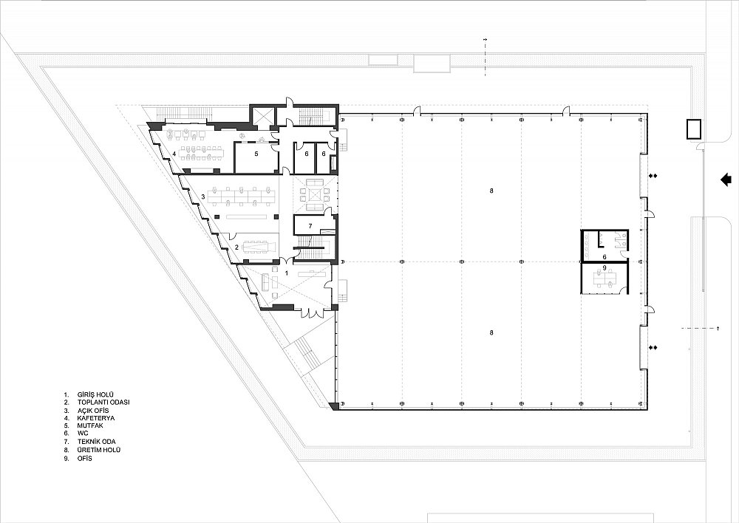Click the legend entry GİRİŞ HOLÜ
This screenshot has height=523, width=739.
pos(95,394)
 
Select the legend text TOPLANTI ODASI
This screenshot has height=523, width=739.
pos(103,403)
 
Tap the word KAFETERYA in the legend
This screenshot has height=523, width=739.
pos(96,418)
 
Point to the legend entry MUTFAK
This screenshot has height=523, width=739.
pos(90,426)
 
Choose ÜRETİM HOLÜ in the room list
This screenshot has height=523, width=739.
pos(99,450)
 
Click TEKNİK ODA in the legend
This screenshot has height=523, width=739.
pos(97,442)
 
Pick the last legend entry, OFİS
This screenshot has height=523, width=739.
pos(85,458)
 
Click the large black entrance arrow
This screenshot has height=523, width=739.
pos(726,179)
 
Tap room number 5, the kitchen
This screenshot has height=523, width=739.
pos(256,154)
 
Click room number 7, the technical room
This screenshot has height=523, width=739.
pos(310,226)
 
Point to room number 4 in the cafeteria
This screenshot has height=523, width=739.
pos(174,154)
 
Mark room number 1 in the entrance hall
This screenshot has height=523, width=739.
pos(286,273)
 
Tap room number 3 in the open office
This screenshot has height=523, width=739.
pos(203,196)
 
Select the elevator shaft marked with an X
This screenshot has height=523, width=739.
pos(262,117)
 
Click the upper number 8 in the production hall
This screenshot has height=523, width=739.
pos(491,191)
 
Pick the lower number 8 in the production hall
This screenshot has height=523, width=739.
pos(491,332)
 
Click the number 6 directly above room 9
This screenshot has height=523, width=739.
pos(605,257)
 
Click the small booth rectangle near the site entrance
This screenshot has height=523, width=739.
pos(693,129)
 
